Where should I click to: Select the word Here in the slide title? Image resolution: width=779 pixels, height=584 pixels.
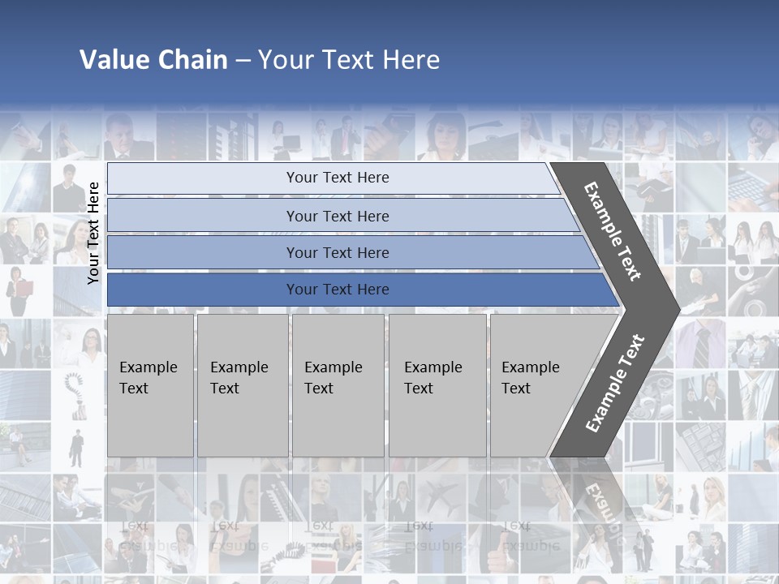[x=411, y=60]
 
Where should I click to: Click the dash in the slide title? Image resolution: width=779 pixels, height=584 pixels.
[x=243, y=61]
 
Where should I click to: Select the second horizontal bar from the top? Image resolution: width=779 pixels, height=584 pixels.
[x=337, y=216]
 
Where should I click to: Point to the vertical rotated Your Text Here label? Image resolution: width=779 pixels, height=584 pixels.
[x=93, y=233]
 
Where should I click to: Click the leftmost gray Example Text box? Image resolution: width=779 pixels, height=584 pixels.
[x=150, y=385]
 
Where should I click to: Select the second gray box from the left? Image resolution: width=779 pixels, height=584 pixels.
[x=242, y=385]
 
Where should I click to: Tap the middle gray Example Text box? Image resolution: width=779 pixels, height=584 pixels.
[x=338, y=385]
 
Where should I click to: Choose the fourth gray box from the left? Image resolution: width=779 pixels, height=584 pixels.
[x=437, y=385]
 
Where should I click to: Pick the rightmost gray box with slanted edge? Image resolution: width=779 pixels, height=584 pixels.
[x=536, y=385]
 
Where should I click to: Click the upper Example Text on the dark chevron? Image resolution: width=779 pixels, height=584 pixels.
[x=613, y=231]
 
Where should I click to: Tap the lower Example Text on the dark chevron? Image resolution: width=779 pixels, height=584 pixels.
[x=615, y=383]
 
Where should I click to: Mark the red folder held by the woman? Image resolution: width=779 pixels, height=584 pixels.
[x=24, y=288]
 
